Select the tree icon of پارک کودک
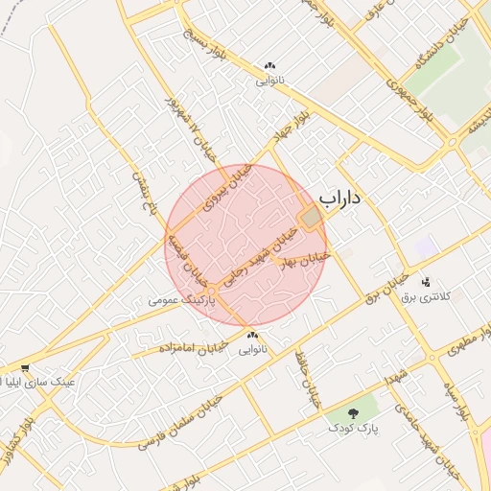(354, 414)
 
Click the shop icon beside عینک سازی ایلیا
(24, 368)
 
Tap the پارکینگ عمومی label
(183, 300)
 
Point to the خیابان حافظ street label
(310, 382)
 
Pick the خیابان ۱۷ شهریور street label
(188, 120)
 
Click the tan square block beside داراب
(311, 219)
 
